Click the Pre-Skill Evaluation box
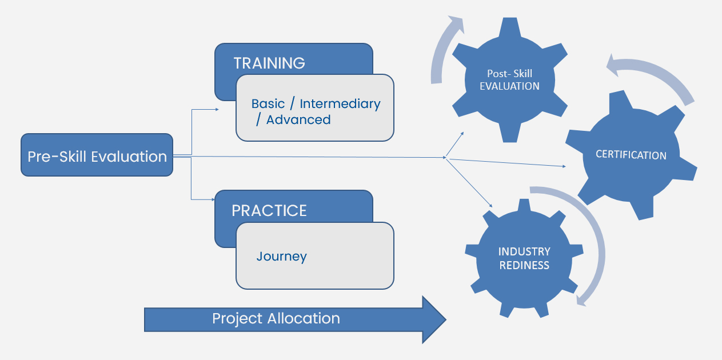point(97,155)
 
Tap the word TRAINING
point(269,63)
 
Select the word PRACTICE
point(269,211)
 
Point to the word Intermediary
point(340,104)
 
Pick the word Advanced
point(298,120)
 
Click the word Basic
point(268,104)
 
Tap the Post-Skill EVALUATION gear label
point(509,80)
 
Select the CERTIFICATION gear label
point(631,155)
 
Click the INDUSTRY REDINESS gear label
point(524,258)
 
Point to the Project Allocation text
point(276,319)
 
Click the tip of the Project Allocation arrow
point(446,319)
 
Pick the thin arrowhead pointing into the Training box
point(217,110)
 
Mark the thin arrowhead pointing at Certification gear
point(564,166)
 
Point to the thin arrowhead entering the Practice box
point(213,199)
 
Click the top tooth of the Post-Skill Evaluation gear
point(509,27)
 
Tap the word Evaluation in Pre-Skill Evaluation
point(129,157)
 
